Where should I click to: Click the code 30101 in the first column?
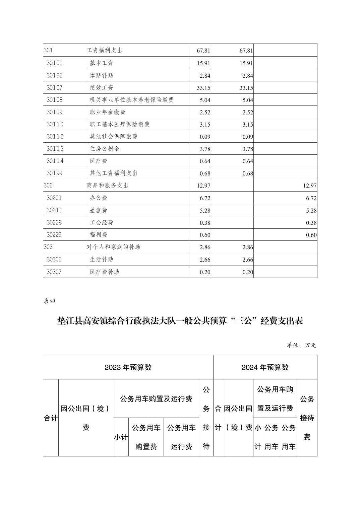tap(55, 63)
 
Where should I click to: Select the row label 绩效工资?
tap(102, 88)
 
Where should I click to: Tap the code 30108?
tap(55, 100)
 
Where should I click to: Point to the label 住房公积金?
tap(105, 149)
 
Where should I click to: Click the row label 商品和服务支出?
tap(108, 186)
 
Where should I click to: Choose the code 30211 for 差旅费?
tap(55, 210)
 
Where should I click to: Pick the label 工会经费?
tap(102, 223)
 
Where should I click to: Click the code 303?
tap(48, 247)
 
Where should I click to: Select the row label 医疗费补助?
tap(105, 272)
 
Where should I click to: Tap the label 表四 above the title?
tap(49, 301)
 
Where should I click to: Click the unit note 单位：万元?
tap(301, 345)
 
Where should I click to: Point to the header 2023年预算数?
tap(128, 367)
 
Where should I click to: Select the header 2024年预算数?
tap(265, 367)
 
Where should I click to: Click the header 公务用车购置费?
tap(146, 437)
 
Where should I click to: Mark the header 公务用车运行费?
tap(181, 437)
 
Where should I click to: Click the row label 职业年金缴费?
tap(108, 112)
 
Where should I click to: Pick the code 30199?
tap(55, 173)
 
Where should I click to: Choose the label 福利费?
tap(99, 235)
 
